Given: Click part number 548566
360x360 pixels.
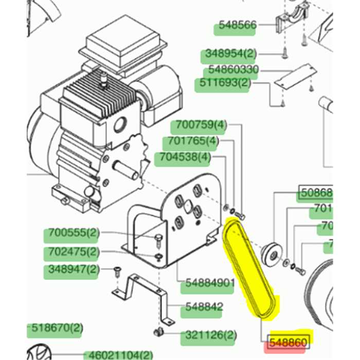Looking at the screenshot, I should tap(237, 25).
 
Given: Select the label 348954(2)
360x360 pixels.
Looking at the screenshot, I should tap(230, 53).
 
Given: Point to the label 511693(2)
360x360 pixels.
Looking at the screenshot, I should tap(222, 83).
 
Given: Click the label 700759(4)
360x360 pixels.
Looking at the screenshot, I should tap(201, 125).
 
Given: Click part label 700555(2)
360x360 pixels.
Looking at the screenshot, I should tap(72, 233).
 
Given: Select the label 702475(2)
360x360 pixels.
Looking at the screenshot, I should tap(72, 252).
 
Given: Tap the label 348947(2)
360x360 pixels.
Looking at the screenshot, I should tap(72, 269).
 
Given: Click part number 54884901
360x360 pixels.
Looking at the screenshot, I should tap(210, 283).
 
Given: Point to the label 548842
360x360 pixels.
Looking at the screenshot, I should tap(204, 307).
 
